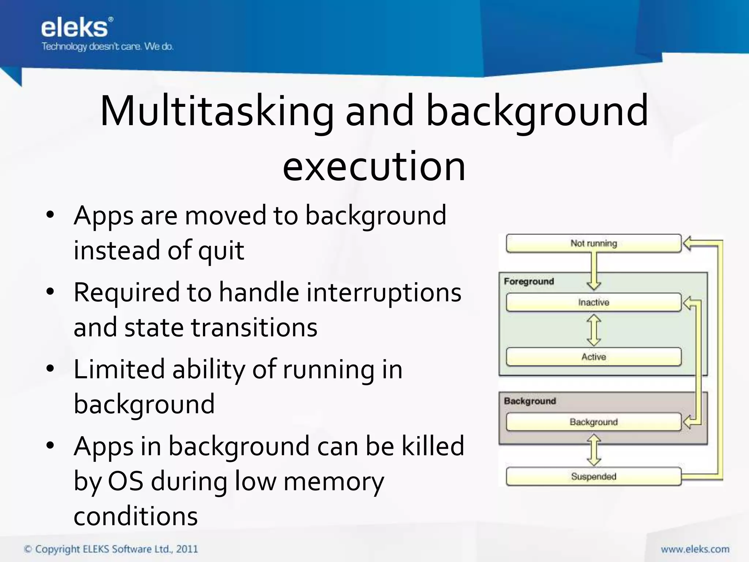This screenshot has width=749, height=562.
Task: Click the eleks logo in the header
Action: [75, 28]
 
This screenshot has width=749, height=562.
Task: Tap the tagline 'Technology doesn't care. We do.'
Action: [107, 47]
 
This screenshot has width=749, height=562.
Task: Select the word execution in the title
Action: [374, 166]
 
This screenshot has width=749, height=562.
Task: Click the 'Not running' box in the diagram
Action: [593, 243]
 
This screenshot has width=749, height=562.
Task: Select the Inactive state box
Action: [593, 302]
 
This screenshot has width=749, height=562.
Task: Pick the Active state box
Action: [593, 357]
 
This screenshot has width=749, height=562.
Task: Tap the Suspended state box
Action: [593, 476]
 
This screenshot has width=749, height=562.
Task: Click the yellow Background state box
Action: [593, 422]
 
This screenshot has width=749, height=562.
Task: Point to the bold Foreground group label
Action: [529, 281]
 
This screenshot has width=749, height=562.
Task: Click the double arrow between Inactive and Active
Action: [594, 330]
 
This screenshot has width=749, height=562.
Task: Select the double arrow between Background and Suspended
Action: [594, 450]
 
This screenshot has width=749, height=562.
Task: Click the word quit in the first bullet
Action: [221, 251]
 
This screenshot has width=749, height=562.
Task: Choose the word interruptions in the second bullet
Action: [384, 293]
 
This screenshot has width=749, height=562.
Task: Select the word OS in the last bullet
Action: [125, 481]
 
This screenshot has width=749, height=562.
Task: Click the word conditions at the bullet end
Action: [136, 516]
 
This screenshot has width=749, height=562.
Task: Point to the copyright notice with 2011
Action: [111, 549]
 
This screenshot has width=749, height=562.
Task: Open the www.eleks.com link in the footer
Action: [695, 549]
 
